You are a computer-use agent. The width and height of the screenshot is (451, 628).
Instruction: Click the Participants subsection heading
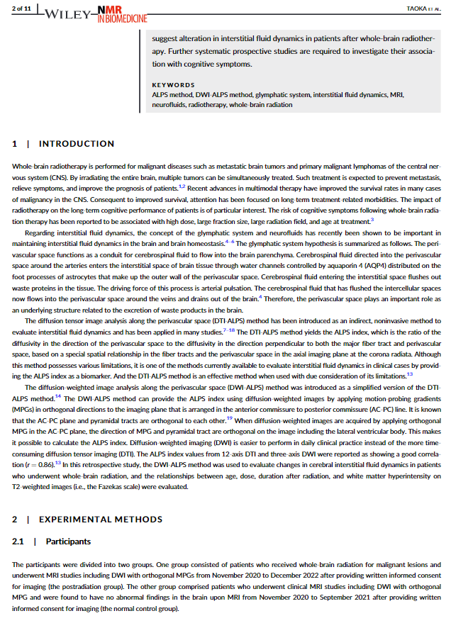[x=68, y=542]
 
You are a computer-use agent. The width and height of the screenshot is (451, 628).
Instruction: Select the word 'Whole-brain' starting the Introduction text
[x=31, y=164]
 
